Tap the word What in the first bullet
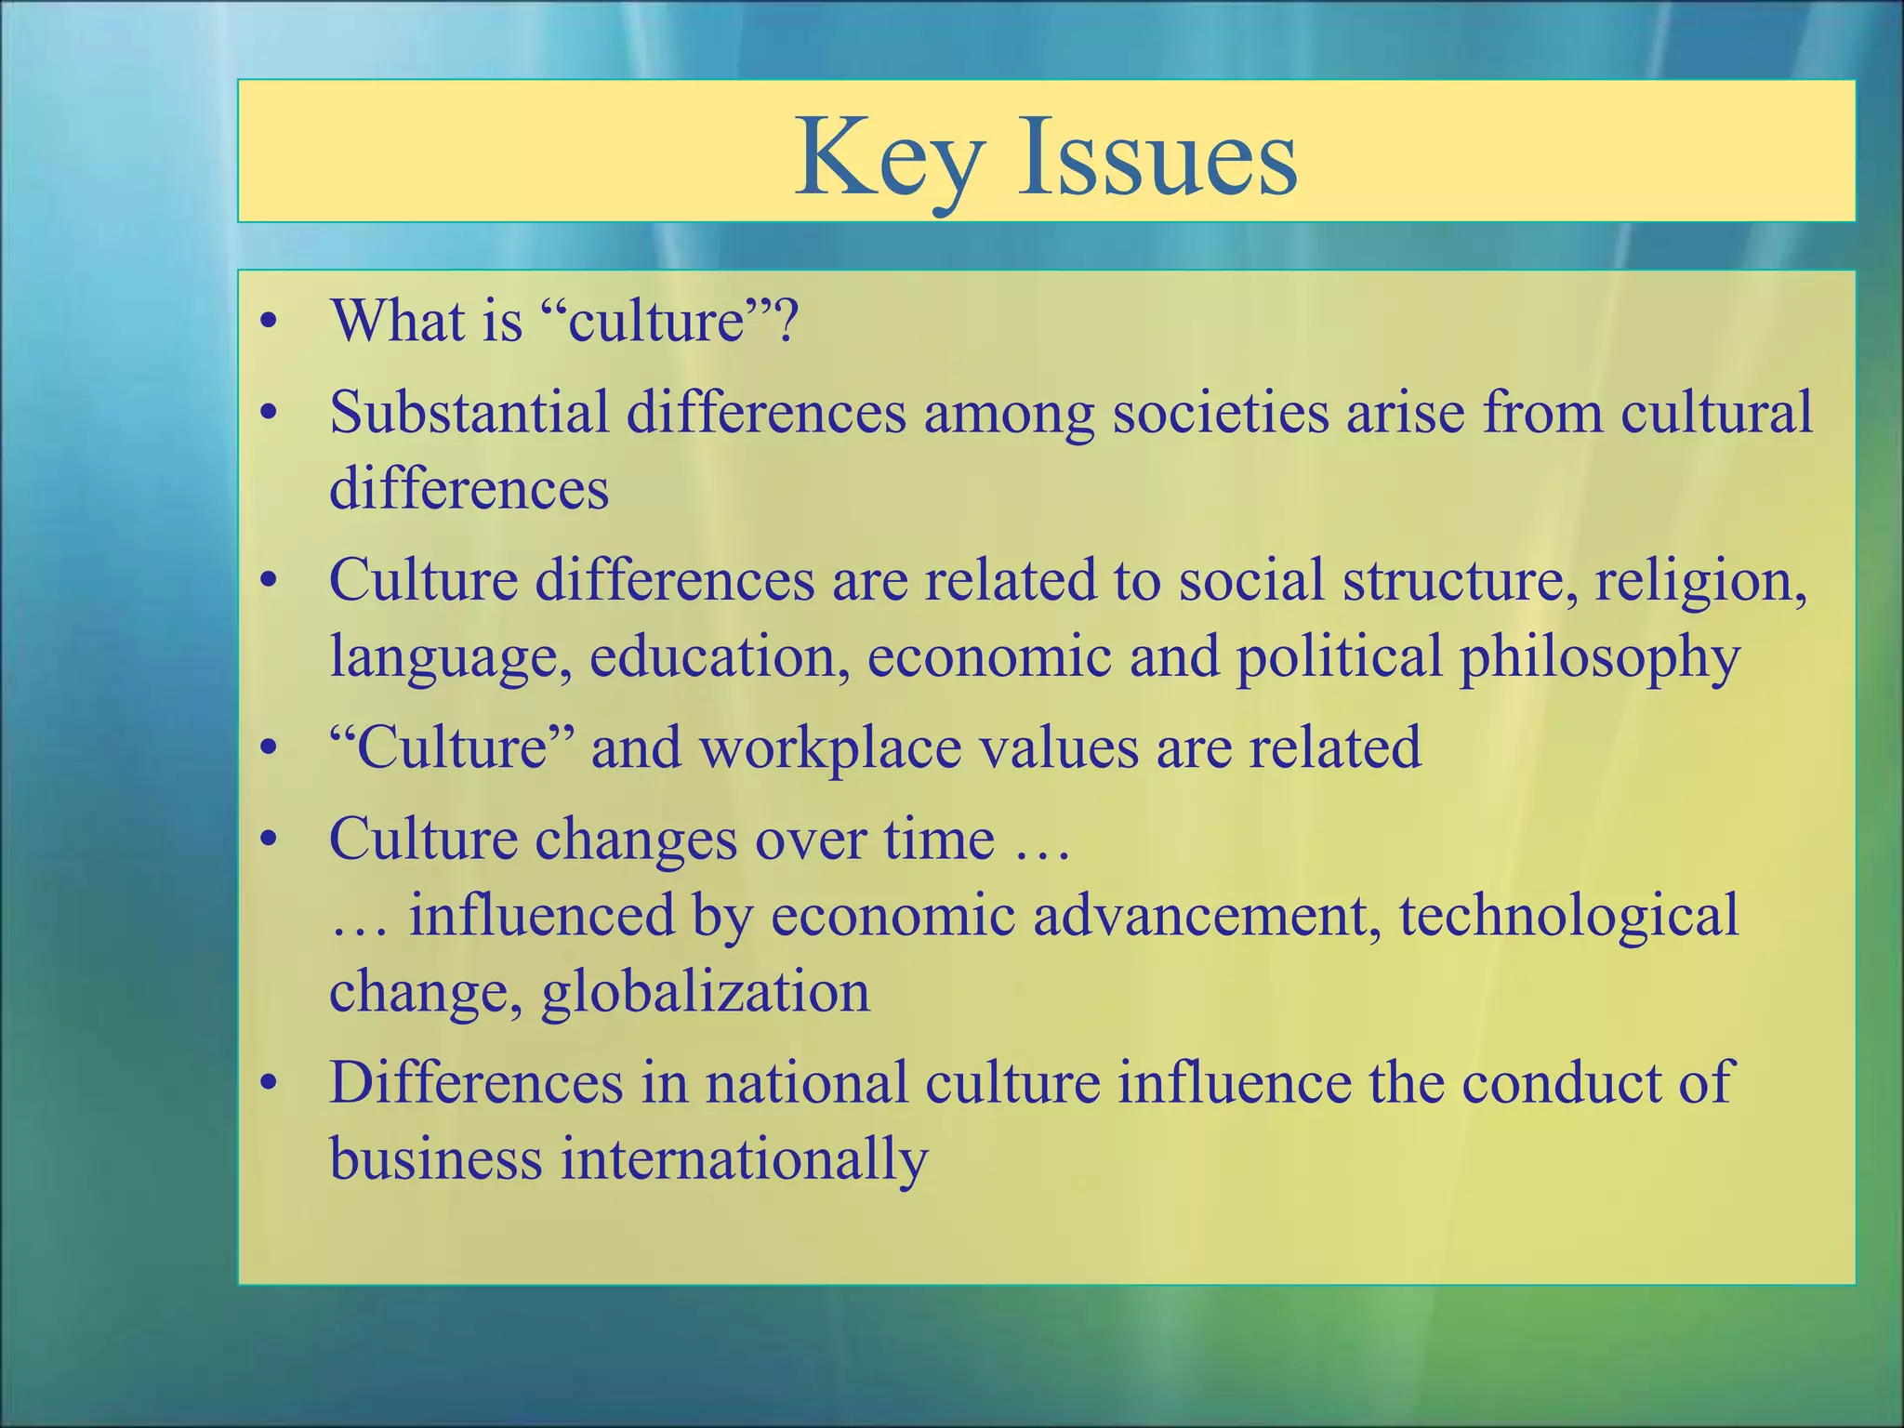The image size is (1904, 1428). tap(401, 320)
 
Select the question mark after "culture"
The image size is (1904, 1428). tap(787, 320)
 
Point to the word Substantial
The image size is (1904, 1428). tap(469, 411)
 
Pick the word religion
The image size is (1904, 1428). tap(1701, 580)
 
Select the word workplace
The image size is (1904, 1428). tap(830, 747)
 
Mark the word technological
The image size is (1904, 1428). tap(1568, 915)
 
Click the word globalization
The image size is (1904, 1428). tap(706, 991)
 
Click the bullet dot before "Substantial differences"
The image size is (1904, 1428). tap(270, 413)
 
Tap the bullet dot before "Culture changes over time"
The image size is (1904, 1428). tap(270, 840)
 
